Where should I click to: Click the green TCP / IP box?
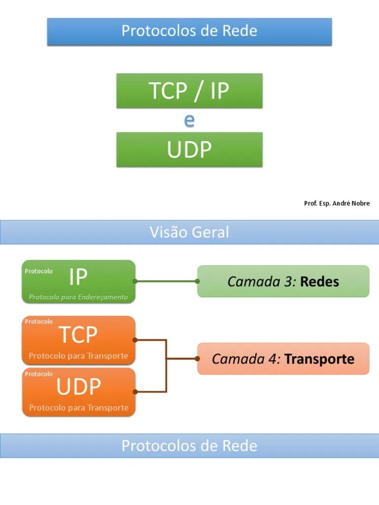tap(189, 91)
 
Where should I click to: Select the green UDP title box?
tap(189, 149)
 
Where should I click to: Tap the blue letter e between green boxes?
tap(189, 120)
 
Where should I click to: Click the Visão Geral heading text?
tap(189, 232)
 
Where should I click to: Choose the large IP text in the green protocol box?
tap(78, 278)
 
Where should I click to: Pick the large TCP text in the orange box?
tap(78, 335)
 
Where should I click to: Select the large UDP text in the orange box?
tap(78, 387)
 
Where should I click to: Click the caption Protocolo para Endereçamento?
tap(78, 297)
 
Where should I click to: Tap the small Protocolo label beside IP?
tap(38, 271)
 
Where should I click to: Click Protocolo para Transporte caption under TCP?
tap(78, 356)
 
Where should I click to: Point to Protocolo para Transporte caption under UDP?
tap(78, 408)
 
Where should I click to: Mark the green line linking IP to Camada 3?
tap(166, 281)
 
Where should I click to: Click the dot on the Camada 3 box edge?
tap(197, 281)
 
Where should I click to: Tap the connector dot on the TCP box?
tap(135, 340)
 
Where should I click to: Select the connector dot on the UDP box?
tap(135, 392)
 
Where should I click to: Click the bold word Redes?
tap(319, 282)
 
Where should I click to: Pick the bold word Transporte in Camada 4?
tap(319, 359)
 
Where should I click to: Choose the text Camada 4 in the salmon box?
tap(246, 359)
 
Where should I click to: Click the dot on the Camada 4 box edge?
tap(197, 359)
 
